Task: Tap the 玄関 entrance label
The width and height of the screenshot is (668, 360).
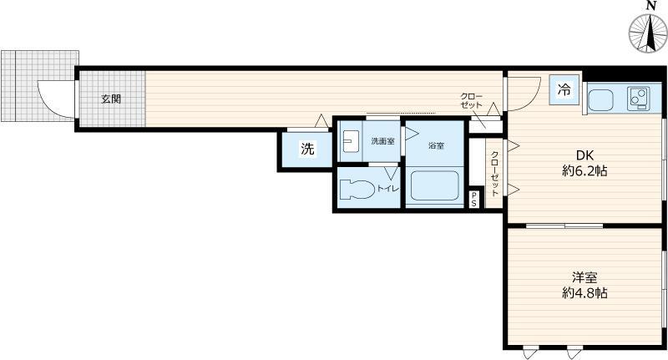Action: [x=111, y=99]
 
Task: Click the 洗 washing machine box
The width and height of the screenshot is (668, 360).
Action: [x=307, y=150]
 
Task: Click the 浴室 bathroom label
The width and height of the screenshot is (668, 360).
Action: [x=436, y=146]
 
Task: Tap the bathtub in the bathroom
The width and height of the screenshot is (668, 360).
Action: [x=434, y=187]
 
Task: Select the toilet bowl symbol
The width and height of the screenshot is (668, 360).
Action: [x=357, y=189]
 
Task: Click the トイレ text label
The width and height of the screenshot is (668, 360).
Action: [x=388, y=189]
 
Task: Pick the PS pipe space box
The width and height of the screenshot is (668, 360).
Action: [x=474, y=199]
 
